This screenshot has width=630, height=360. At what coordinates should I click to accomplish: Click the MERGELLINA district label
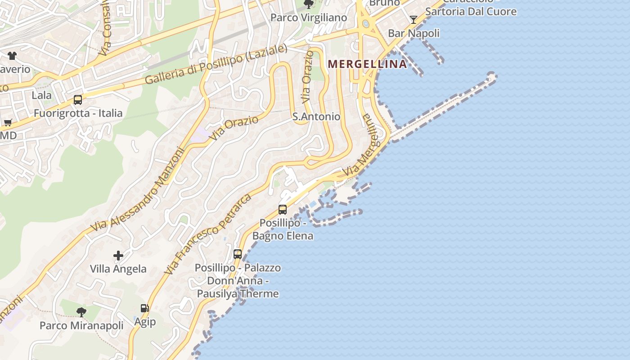(x=367, y=64)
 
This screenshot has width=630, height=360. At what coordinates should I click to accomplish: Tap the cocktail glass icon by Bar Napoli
(x=414, y=19)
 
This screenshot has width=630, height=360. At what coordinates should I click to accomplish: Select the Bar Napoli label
(x=414, y=33)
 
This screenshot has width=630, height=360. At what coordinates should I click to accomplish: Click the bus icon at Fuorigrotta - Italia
(x=78, y=99)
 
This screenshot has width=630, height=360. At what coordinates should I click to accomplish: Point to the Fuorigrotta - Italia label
(x=78, y=113)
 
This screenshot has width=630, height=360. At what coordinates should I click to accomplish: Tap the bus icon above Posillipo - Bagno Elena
(x=283, y=209)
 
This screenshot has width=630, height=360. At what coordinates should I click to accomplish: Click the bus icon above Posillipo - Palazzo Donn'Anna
(x=238, y=254)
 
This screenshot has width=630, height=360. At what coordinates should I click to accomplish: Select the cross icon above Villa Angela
(x=118, y=256)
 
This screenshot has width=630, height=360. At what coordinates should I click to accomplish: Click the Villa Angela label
(x=118, y=269)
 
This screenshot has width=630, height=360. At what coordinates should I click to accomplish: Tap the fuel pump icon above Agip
(x=144, y=308)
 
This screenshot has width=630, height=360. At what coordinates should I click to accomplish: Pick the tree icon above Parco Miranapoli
(x=81, y=311)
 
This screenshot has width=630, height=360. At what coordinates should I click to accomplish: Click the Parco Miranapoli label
(x=81, y=325)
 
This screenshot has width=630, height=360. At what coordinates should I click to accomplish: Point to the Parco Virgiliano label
(x=308, y=18)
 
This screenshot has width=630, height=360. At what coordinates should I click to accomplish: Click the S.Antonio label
(x=316, y=117)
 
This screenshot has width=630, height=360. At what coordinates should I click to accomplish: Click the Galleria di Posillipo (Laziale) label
(x=216, y=64)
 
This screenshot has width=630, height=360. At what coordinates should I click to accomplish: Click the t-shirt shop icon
(x=12, y=56)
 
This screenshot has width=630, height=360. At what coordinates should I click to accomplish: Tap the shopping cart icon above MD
(x=8, y=122)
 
